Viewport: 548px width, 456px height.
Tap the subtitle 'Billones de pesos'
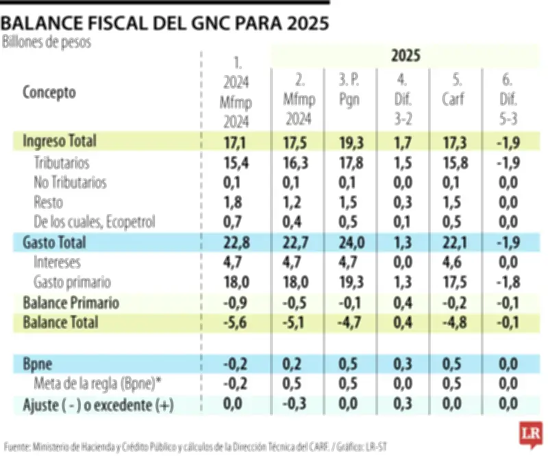coord(47,42)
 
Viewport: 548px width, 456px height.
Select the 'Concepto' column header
coord(49,92)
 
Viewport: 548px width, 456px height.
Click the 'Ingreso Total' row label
coord(60,142)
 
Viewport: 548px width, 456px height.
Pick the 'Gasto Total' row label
coord(54,242)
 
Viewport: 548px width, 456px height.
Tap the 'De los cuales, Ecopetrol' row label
coord(95,222)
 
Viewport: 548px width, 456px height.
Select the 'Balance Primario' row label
coord(71,303)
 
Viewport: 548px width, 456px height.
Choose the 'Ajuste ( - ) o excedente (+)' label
coord(98,405)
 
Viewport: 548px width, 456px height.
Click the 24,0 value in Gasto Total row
coord(349,242)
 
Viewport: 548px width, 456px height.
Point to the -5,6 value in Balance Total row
coord(236,322)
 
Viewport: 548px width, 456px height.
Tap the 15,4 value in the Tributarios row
coord(236,162)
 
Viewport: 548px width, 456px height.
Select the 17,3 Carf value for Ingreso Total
coord(453,142)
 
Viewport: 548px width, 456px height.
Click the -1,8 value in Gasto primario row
coord(508,282)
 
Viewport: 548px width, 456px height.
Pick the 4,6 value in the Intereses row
coord(453,262)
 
